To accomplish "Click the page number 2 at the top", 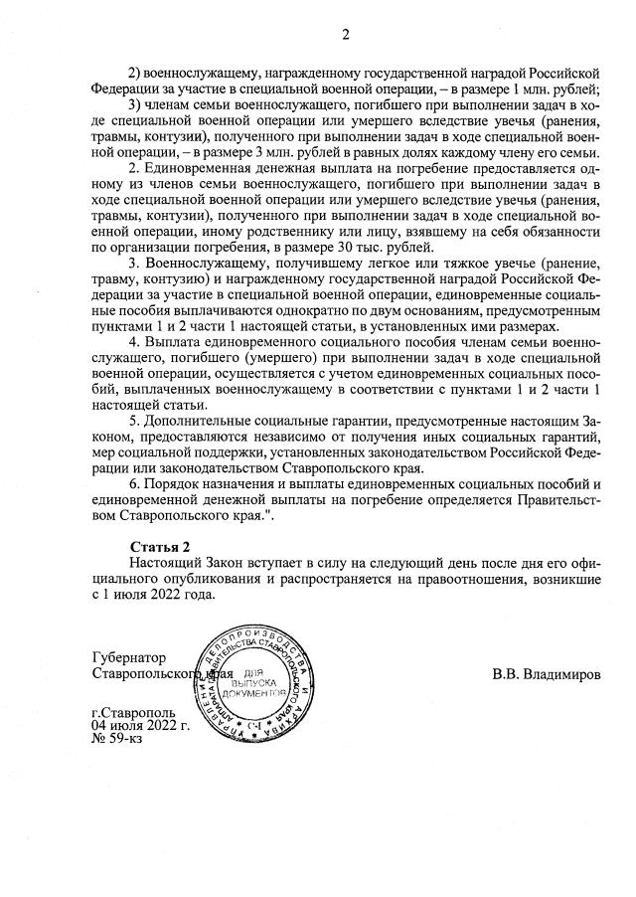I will [346, 36].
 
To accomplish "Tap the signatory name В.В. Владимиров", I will [547, 674].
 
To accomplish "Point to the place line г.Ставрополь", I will [133, 713].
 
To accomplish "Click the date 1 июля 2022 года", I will [153, 595].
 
